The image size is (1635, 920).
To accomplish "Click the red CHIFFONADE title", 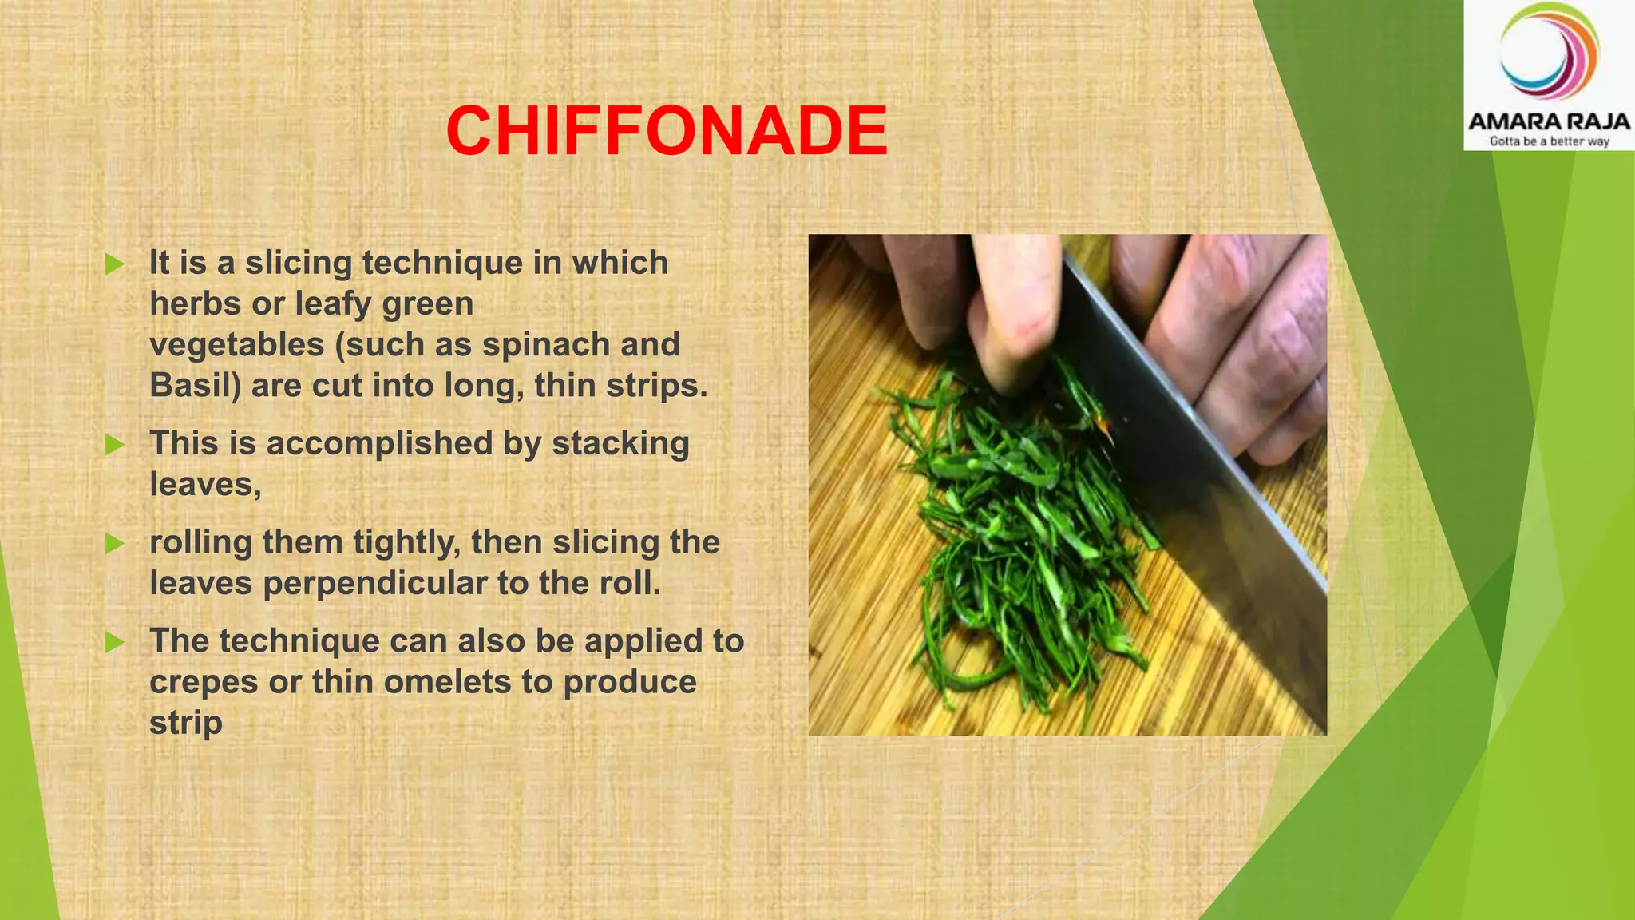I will tap(667, 131).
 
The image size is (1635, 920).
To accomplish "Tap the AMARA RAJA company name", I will tap(1548, 122).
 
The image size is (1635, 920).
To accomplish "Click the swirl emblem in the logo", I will tap(1548, 52).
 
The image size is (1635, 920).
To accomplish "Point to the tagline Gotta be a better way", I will tap(1549, 141).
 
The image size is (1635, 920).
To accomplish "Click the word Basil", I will tap(195, 386).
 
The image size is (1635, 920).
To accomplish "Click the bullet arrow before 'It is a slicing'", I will tap(115, 264).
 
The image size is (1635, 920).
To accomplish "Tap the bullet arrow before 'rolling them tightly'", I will tap(115, 544).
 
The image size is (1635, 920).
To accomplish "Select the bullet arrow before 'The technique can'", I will tap(115, 642).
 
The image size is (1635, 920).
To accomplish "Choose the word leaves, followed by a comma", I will tap(205, 485).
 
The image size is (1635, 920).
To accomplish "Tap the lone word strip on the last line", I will tap(185, 724).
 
